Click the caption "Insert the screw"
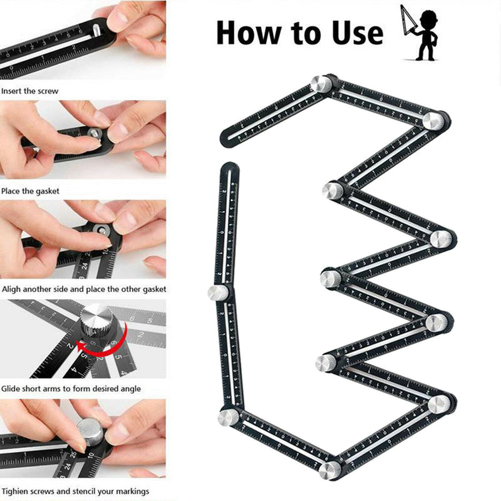click(30, 91)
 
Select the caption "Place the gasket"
click(31, 191)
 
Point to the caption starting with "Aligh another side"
click(84, 289)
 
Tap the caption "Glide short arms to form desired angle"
click(71, 389)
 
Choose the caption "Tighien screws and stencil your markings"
click(76, 491)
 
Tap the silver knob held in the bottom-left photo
click(92, 433)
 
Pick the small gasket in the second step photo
click(93, 133)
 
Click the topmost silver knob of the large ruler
click(322, 84)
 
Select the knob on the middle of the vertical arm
click(219, 292)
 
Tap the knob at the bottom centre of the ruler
click(329, 470)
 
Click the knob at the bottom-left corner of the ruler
click(229, 416)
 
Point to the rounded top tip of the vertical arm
click(230, 168)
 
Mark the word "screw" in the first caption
click(47, 91)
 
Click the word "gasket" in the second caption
click(47, 191)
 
